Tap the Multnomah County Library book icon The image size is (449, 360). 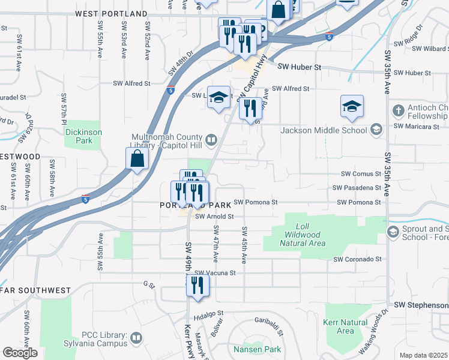[211, 140]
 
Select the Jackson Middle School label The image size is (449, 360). [323, 130]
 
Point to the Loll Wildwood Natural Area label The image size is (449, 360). [303, 239]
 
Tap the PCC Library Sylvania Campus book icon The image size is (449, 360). [137, 339]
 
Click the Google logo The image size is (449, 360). [20, 353]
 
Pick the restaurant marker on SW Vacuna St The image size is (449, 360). [197, 286]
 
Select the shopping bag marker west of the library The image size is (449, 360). [137, 160]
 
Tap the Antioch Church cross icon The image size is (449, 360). [398, 111]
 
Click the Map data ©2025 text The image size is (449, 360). [423, 355]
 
